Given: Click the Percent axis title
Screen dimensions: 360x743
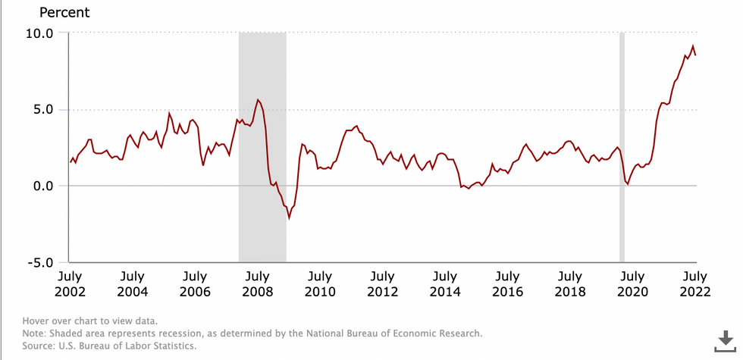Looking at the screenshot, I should [64, 13].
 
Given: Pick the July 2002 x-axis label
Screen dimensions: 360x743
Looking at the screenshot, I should [70, 283].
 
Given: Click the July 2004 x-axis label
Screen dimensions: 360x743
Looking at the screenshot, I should [133, 283].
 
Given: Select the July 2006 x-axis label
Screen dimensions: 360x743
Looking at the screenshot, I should [195, 283].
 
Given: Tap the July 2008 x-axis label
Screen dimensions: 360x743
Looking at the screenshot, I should [258, 283].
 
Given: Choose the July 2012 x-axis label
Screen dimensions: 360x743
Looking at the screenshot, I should [383, 283].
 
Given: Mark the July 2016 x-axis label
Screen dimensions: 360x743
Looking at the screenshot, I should [508, 283].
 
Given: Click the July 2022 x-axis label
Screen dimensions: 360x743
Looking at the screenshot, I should [695, 283].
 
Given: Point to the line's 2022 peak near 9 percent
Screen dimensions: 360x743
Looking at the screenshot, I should [692, 46].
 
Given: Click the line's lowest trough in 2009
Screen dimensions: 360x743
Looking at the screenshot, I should [289, 218].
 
